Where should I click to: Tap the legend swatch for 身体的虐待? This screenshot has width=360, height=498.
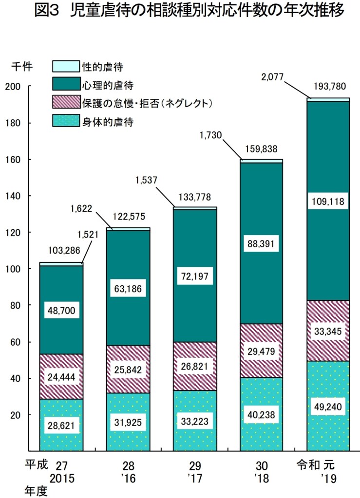coord(65,121)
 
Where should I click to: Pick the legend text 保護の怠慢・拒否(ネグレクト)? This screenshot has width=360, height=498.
coord(148,103)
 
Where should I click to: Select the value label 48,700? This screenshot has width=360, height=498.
coord(61,310)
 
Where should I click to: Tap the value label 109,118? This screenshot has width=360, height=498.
coord(328,201)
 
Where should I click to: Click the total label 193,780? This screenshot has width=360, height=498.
coord(329,87)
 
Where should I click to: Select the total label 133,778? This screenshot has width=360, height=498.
coord(195,197)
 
